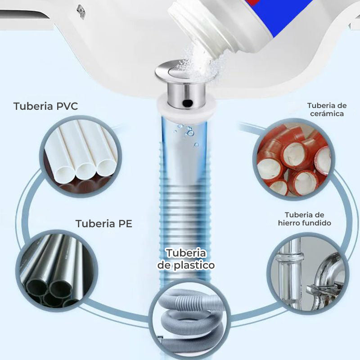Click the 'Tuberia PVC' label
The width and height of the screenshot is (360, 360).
[x=46, y=106]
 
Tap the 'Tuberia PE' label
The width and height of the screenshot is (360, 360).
[x=104, y=224]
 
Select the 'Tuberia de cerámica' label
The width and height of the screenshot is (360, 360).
[x=327, y=109]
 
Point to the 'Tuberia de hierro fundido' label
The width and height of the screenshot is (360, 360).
[x=305, y=219]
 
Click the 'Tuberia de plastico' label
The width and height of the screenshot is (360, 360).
[x=186, y=259]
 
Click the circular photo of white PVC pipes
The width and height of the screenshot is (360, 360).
[x=81, y=156]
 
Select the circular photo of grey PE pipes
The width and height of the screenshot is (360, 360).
[x=57, y=271]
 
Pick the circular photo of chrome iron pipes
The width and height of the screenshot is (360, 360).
[x=308, y=273]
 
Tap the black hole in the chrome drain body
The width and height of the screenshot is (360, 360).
[x=188, y=102]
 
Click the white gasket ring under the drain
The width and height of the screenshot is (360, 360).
[x=186, y=108]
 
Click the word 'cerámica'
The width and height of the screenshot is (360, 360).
[x=327, y=114]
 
